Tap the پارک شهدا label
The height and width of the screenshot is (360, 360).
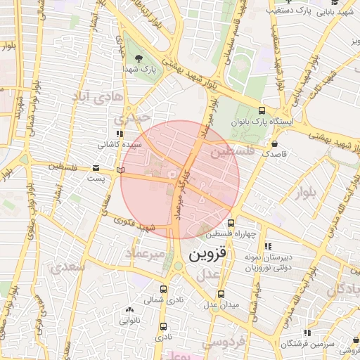(139, 70)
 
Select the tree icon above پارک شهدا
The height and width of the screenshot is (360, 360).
(138, 58)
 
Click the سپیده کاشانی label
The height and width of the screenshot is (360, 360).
(119, 144)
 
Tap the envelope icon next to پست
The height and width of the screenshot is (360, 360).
(96, 167)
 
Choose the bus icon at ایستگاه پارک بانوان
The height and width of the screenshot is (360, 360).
(262, 110)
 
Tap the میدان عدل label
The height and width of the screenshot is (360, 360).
(221, 304)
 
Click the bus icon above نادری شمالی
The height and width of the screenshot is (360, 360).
(163, 289)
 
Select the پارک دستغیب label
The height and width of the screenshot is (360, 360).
(292, 11)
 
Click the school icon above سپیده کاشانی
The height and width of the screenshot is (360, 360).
(120, 134)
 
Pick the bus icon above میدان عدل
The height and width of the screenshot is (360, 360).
(221, 294)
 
